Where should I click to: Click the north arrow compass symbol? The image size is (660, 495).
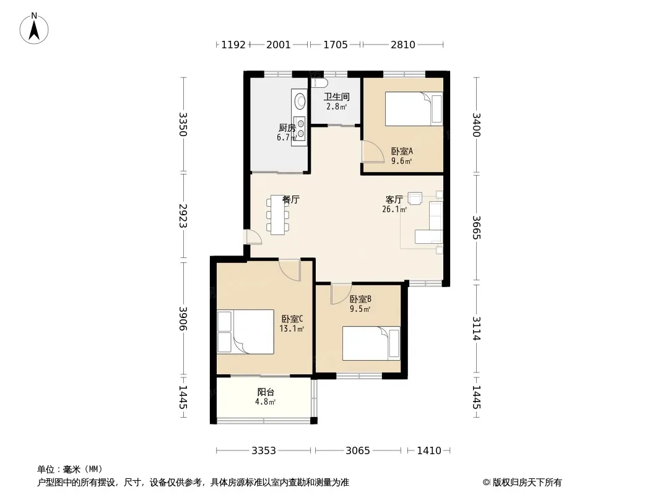tap(34, 28)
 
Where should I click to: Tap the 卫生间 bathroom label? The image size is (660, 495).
tap(336, 97)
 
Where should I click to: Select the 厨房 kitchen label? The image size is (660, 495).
tap(287, 128)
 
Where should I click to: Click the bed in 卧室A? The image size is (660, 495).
tap(414, 109)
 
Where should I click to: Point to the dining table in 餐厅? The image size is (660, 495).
tap(278, 215)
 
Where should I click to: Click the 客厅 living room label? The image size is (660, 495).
tap(394, 199)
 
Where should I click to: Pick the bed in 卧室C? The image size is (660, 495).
tap(245, 332)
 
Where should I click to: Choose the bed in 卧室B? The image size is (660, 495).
tap(371, 343)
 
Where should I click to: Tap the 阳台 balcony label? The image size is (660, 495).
tap(266, 392)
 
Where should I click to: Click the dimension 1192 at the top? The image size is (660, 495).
tap(233, 45)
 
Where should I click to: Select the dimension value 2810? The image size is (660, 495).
tap(403, 45)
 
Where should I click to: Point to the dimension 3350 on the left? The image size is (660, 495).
tap(183, 124)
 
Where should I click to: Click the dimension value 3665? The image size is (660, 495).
tap(477, 227)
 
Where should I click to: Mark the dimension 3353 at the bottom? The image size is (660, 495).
tap(264, 451)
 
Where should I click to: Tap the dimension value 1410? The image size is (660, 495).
tap(429, 451)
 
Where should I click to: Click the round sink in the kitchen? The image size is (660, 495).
tap(300, 101)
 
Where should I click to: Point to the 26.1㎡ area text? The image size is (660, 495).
tap(394, 209)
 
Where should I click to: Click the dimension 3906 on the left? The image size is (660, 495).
tap(183, 319)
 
